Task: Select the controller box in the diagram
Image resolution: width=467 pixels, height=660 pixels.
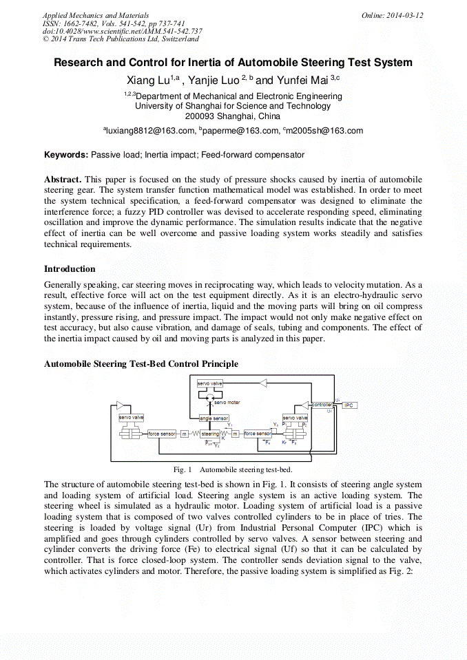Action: point(322,405)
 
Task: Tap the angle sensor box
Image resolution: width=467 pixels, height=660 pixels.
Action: point(214,418)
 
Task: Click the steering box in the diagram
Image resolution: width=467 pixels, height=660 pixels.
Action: point(210,434)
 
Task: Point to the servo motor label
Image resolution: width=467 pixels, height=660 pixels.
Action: point(227,402)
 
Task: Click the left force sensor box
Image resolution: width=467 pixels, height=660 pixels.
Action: point(163,434)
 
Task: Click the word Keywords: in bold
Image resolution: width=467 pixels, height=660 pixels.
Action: point(67,156)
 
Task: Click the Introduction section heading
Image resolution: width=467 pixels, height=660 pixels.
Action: point(70,269)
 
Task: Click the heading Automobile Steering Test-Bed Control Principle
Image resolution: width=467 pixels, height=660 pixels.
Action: point(141,363)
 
